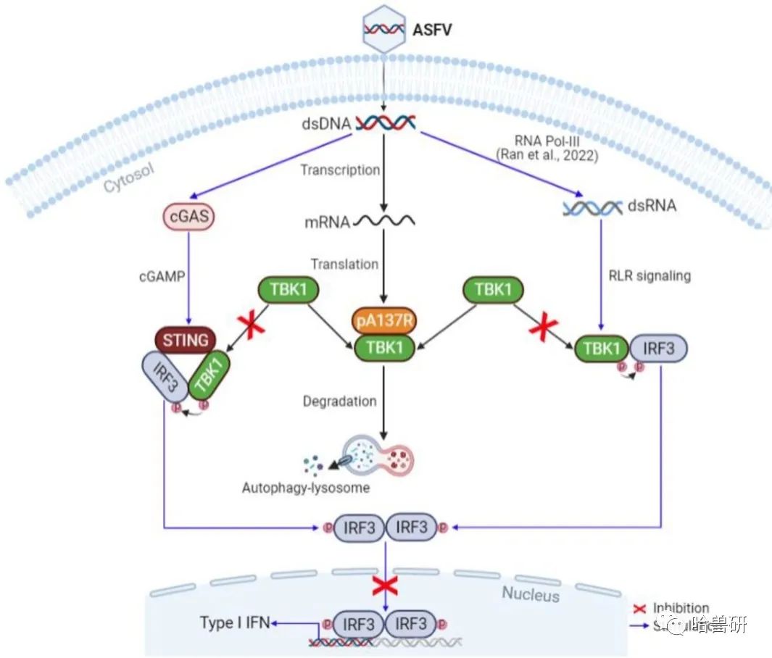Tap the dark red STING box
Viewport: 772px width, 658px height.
186,339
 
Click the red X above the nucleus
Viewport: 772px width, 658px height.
385,584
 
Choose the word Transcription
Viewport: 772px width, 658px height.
341,170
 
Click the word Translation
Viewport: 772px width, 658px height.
344,264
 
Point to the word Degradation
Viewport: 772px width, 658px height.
340,401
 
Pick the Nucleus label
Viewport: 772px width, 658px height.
531,594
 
